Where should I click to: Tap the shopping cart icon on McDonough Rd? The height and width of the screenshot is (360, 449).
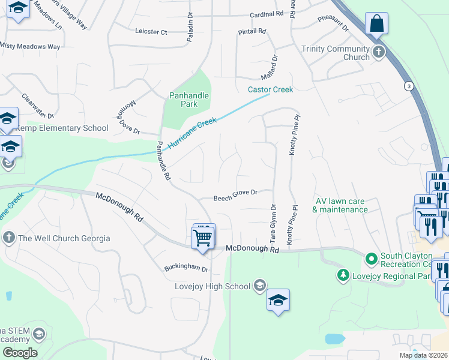click(203, 237)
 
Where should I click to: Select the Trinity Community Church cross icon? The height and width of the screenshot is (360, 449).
click(379, 52)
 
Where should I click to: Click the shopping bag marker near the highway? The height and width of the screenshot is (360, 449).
click(376, 24)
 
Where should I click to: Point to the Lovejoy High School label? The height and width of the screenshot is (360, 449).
click(212, 286)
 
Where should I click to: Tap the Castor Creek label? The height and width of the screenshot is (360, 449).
click(270, 90)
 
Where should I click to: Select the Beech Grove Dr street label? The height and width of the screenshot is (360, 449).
click(235, 193)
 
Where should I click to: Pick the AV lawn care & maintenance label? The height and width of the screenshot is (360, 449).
click(340, 205)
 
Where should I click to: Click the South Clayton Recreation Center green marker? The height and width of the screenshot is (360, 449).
click(371, 259)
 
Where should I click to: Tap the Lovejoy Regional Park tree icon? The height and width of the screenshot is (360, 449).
click(343, 275)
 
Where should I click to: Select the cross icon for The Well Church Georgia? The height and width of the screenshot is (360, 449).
click(8, 238)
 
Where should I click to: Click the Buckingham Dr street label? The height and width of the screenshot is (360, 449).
click(186, 268)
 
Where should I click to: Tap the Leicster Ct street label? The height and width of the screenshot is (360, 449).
click(151, 31)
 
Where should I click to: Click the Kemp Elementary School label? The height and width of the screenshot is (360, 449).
click(62, 128)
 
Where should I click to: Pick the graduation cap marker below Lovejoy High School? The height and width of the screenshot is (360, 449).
click(278, 300)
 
